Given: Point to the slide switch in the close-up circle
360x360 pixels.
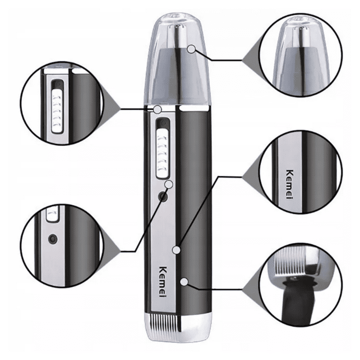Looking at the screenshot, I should click(x=56, y=103).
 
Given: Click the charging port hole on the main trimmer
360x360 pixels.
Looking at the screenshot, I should click(x=163, y=197).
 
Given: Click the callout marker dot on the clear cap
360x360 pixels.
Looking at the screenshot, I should click(x=191, y=49).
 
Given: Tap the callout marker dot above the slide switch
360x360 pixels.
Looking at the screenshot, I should click(x=158, y=110).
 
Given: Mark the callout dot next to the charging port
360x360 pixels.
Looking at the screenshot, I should click(x=170, y=184).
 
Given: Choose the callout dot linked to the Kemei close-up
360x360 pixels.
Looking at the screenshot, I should click(x=177, y=250).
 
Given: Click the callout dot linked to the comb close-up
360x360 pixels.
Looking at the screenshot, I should click(x=186, y=282).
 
